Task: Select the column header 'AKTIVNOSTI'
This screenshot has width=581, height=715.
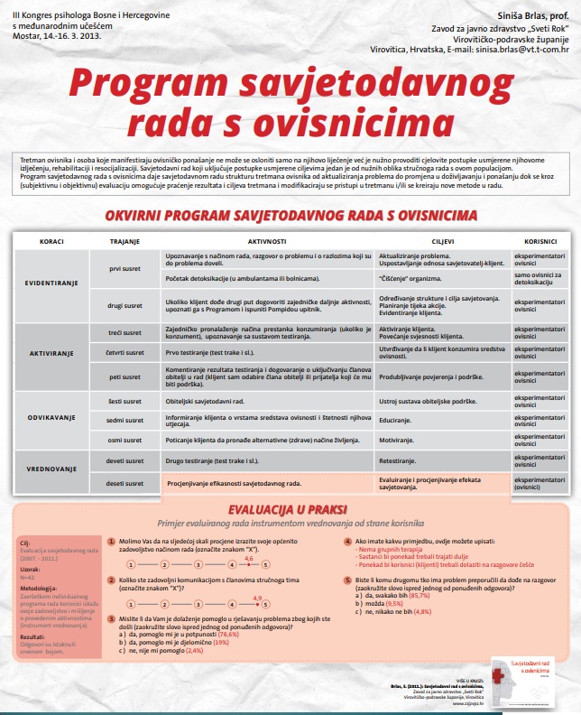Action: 267,241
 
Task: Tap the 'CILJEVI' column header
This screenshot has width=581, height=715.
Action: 443,241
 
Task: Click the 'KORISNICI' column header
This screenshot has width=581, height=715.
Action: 539,241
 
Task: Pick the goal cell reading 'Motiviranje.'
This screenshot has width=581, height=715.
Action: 401,440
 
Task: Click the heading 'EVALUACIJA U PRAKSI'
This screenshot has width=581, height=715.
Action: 289,509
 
